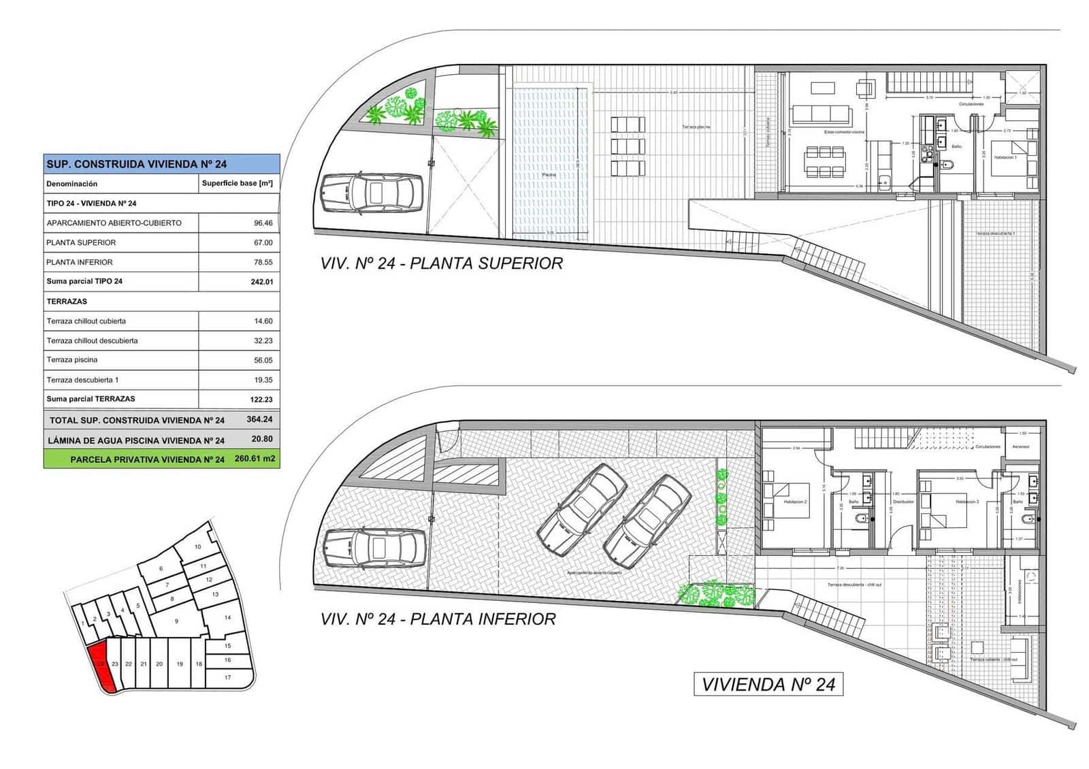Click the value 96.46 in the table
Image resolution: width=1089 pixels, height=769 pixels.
[x=263, y=223]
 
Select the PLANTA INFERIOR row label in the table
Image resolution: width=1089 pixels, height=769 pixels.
[x=80, y=262]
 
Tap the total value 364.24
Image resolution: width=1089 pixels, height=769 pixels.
[x=259, y=420]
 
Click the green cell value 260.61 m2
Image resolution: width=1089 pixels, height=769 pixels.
[x=255, y=459]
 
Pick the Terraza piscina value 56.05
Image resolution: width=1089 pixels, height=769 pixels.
[x=263, y=360]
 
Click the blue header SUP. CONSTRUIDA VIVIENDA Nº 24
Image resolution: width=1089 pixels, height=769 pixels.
[x=137, y=164]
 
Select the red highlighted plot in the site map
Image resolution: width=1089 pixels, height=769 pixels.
[x=101, y=666]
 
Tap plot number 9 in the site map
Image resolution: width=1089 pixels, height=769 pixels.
[x=176, y=621]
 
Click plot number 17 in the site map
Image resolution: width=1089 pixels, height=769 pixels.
[x=228, y=677]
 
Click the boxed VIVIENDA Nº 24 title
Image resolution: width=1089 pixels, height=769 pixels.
[x=768, y=685]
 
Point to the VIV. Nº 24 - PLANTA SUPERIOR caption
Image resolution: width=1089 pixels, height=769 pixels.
[x=441, y=263]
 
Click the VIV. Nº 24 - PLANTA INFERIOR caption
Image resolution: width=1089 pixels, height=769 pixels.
[x=438, y=619]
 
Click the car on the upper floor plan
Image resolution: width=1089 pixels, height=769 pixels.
[x=372, y=192]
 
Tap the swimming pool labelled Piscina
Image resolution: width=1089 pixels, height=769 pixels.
[x=549, y=175]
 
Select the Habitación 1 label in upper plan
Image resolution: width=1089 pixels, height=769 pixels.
[x=1005, y=157]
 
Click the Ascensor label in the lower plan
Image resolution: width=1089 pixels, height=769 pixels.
[x=1021, y=447]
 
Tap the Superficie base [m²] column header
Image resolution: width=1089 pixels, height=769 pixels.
[x=237, y=184]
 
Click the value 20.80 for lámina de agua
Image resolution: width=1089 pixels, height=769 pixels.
[x=262, y=440]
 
